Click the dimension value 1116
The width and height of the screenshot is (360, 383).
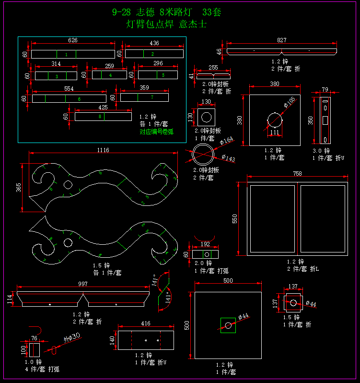[103, 150]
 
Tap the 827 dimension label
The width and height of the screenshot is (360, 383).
[281, 40]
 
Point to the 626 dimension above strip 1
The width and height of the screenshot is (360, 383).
[73, 40]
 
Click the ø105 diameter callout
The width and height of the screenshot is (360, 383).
[289, 101]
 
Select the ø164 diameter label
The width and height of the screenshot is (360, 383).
[226, 141]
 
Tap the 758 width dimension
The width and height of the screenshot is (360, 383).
[297, 174]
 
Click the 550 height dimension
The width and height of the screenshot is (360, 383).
[235, 218]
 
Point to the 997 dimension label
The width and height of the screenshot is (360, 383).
[83, 284]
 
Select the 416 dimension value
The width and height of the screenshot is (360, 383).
[146, 324]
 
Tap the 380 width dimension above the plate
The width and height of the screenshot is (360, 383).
[275, 84]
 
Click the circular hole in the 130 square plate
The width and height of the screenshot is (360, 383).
[207, 117]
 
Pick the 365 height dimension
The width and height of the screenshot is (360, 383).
[19, 187]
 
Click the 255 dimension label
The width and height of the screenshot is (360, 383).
[213, 68]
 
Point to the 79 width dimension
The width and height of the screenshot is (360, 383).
[325, 89]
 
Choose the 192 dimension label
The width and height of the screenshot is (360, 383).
[205, 244]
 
